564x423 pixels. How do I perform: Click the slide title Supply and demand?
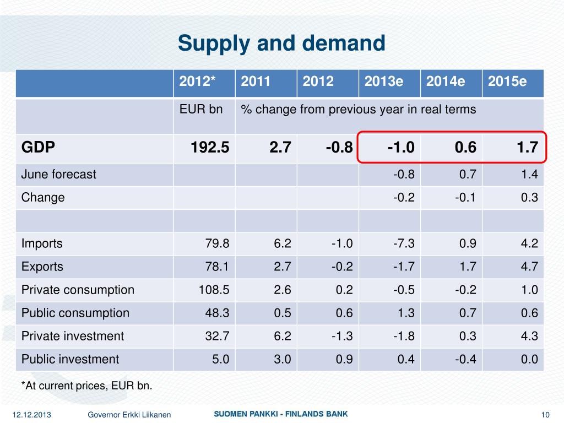pyautogui.click(x=281, y=44)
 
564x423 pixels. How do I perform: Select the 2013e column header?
pyautogui.click(x=384, y=82)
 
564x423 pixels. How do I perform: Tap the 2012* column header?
pyautogui.click(x=197, y=81)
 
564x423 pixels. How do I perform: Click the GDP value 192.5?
pyautogui.click(x=210, y=147)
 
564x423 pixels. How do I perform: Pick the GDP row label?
pyautogui.click(x=38, y=147)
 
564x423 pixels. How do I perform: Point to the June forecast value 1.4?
pyautogui.click(x=529, y=175)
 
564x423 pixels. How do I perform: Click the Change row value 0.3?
pyautogui.click(x=529, y=198)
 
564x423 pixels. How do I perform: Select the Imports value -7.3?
pyautogui.click(x=404, y=243)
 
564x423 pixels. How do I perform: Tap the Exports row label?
pyautogui.click(x=42, y=267)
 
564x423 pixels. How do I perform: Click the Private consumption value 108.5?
pyautogui.click(x=214, y=290)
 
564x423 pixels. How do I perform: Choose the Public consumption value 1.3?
pyautogui.click(x=406, y=313)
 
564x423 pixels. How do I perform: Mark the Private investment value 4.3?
pyautogui.click(x=529, y=336)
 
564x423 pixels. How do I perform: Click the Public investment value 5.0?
pyautogui.click(x=220, y=359)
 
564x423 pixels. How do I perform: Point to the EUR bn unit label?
pyautogui.click(x=200, y=109)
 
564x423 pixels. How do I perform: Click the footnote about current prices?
pyautogui.click(x=86, y=386)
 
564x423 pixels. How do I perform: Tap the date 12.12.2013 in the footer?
pyautogui.click(x=31, y=415)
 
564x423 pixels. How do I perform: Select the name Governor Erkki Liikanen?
pyautogui.click(x=129, y=415)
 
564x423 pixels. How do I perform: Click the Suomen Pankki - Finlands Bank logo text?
pyautogui.click(x=281, y=414)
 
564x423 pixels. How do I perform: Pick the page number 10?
pyautogui.click(x=545, y=415)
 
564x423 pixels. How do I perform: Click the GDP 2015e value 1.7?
pyautogui.click(x=527, y=147)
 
